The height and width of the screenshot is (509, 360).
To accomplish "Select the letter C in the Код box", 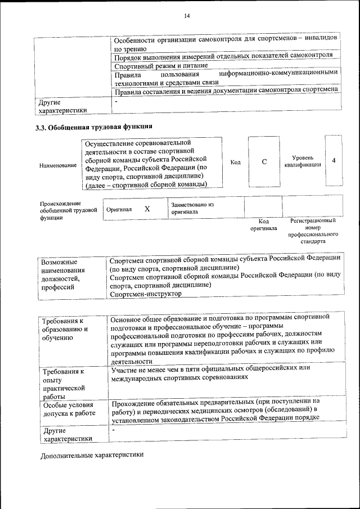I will tap(264, 162).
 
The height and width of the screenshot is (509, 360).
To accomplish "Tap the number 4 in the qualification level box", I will tap(334, 161).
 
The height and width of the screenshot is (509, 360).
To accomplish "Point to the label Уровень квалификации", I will tap(303, 161).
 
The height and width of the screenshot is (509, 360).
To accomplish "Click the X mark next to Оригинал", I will tap(147, 209).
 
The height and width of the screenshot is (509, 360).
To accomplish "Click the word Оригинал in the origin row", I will tap(119, 209).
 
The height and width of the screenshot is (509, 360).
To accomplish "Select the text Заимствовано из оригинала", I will tap(193, 208).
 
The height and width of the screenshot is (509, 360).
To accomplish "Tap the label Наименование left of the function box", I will tap(58, 165).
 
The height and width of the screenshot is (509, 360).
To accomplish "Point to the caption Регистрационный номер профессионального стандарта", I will tap(313, 231).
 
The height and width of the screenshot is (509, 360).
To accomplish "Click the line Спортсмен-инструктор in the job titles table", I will tap(146, 294).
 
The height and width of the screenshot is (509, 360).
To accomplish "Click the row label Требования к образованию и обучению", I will tap(65, 329).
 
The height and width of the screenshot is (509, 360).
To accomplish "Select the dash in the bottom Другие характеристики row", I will tap(114, 430).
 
